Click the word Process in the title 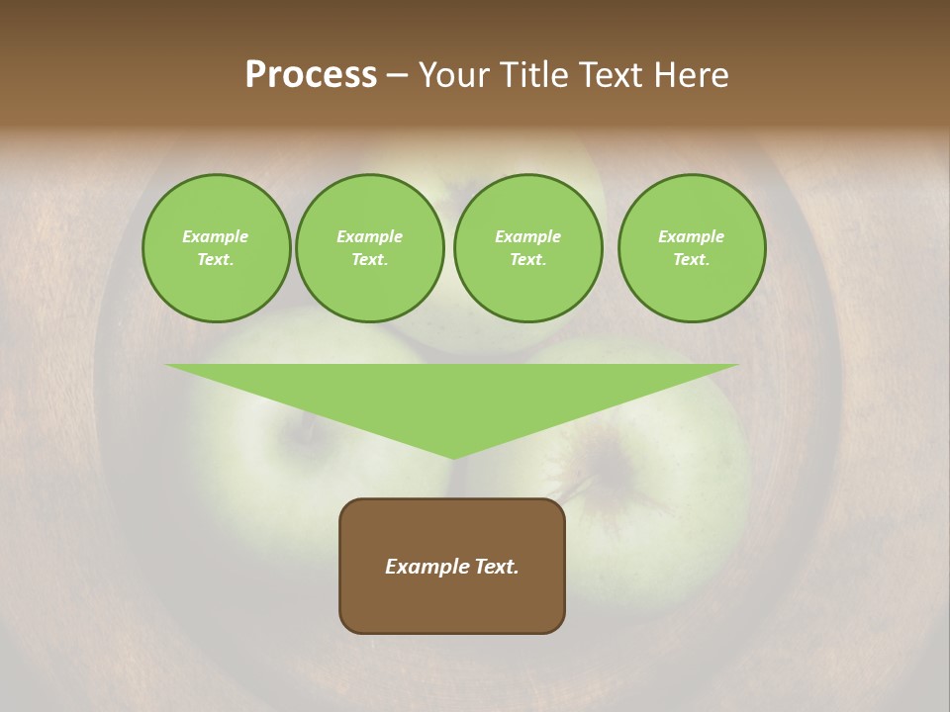(311, 74)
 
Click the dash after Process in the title (398, 75)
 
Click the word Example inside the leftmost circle (216, 236)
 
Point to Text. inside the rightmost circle (692, 259)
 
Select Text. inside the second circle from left (370, 259)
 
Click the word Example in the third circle (527, 236)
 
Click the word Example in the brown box (424, 567)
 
